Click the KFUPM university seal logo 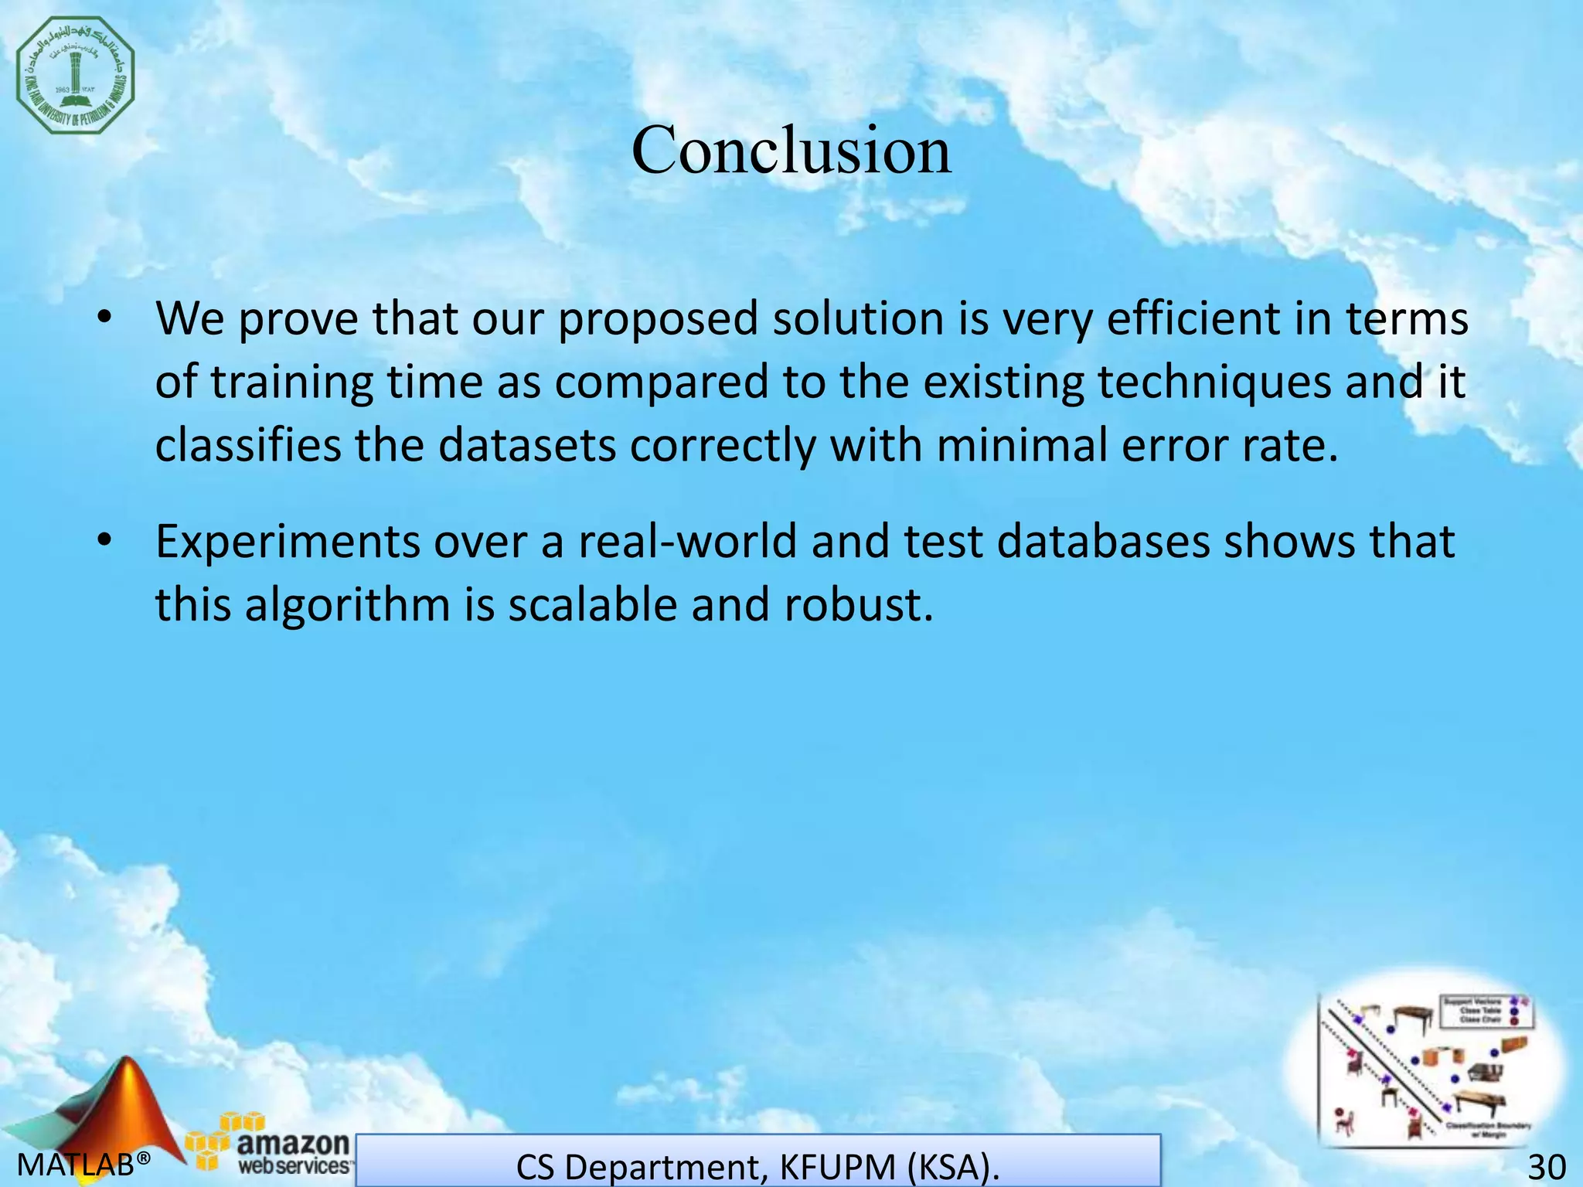pos(75,75)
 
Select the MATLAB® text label pos(83,1164)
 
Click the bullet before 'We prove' pos(105,318)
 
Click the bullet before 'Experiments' pos(105,541)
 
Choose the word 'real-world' pos(687,541)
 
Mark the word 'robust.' pos(859,604)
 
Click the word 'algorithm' pos(347,604)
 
